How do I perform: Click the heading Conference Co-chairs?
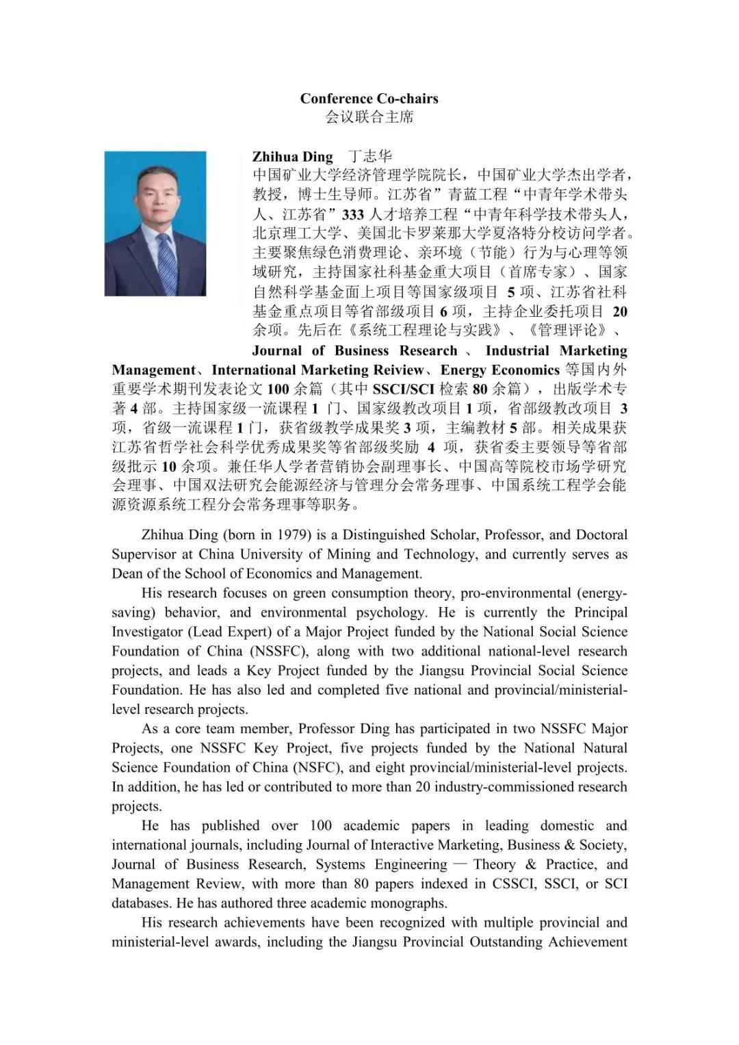(x=369, y=99)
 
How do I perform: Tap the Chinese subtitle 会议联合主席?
(x=369, y=117)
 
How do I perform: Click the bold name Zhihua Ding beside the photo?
(x=292, y=157)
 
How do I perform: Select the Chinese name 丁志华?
(x=369, y=157)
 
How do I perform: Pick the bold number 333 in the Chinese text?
(x=353, y=214)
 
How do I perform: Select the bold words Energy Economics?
(x=500, y=370)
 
